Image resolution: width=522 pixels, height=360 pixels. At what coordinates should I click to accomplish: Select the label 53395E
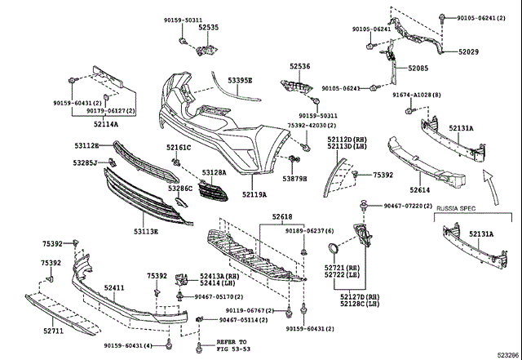(240, 81)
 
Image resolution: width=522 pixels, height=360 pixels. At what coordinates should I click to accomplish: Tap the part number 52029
(469, 51)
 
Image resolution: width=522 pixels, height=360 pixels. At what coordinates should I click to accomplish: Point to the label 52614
(420, 189)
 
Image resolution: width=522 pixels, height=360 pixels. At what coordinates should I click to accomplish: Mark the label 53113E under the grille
(146, 232)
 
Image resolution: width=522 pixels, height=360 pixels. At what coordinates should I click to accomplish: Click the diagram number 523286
(502, 355)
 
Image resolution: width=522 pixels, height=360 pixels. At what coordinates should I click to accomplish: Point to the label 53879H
(294, 177)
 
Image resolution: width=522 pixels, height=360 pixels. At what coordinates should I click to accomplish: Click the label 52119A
(254, 194)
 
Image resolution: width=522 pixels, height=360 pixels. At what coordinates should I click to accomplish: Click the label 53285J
(86, 163)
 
